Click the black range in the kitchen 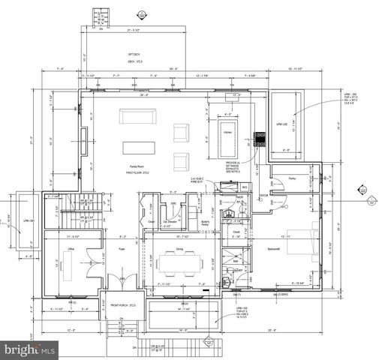(x=260, y=139)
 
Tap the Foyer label (x=120, y=248)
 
